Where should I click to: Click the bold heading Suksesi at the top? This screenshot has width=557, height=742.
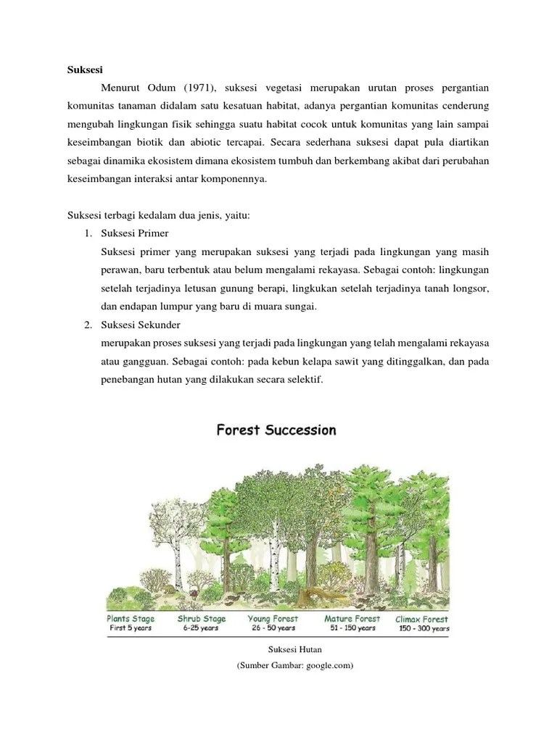(x=85, y=70)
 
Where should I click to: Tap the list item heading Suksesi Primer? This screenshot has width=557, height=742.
(x=135, y=234)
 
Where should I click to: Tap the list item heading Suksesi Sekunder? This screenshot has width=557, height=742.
(x=141, y=324)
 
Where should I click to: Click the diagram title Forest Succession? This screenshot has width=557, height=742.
(x=276, y=430)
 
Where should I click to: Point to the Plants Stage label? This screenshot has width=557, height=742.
(x=131, y=619)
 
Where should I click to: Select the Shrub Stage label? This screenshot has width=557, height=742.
(x=202, y=619)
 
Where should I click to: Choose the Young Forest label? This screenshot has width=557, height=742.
(x=273, y=619)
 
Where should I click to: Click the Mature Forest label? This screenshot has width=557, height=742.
(x=352, y=619)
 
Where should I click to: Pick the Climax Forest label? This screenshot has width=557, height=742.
(x=421, y=620)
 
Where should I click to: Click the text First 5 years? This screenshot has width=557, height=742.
(x=131, y=628)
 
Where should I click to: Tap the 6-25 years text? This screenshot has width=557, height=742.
(x=199, y=628)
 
